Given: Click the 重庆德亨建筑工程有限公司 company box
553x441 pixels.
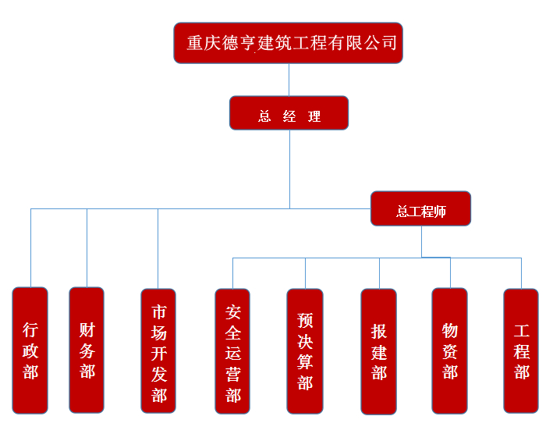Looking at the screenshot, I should click(x=289, y=42).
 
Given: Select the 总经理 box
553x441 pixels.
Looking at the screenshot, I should click(x=289, y=113).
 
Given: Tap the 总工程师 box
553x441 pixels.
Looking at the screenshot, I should click(x=420, y=208).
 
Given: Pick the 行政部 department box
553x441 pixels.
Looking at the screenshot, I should click(x=30, y=350).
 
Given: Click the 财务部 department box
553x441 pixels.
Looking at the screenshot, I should click(x=87, y=350).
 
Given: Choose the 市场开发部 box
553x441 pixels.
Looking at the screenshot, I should click(x=158, y=350).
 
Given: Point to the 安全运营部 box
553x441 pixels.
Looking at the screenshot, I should click(x=232, y=350).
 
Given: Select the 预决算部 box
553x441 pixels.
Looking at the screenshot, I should click(x=305, y=350).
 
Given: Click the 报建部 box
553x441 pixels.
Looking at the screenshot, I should click(x=379, y=350).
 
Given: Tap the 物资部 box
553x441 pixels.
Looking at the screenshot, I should click(x=450, y=350).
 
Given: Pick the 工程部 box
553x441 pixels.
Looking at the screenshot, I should click(x=521, y=350).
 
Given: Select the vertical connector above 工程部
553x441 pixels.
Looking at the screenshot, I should click(x=521, y=273).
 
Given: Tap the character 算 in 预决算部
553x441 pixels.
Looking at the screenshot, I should click(x=305, y=361).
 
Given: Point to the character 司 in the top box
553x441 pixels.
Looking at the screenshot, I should click(x=388, y=42).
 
